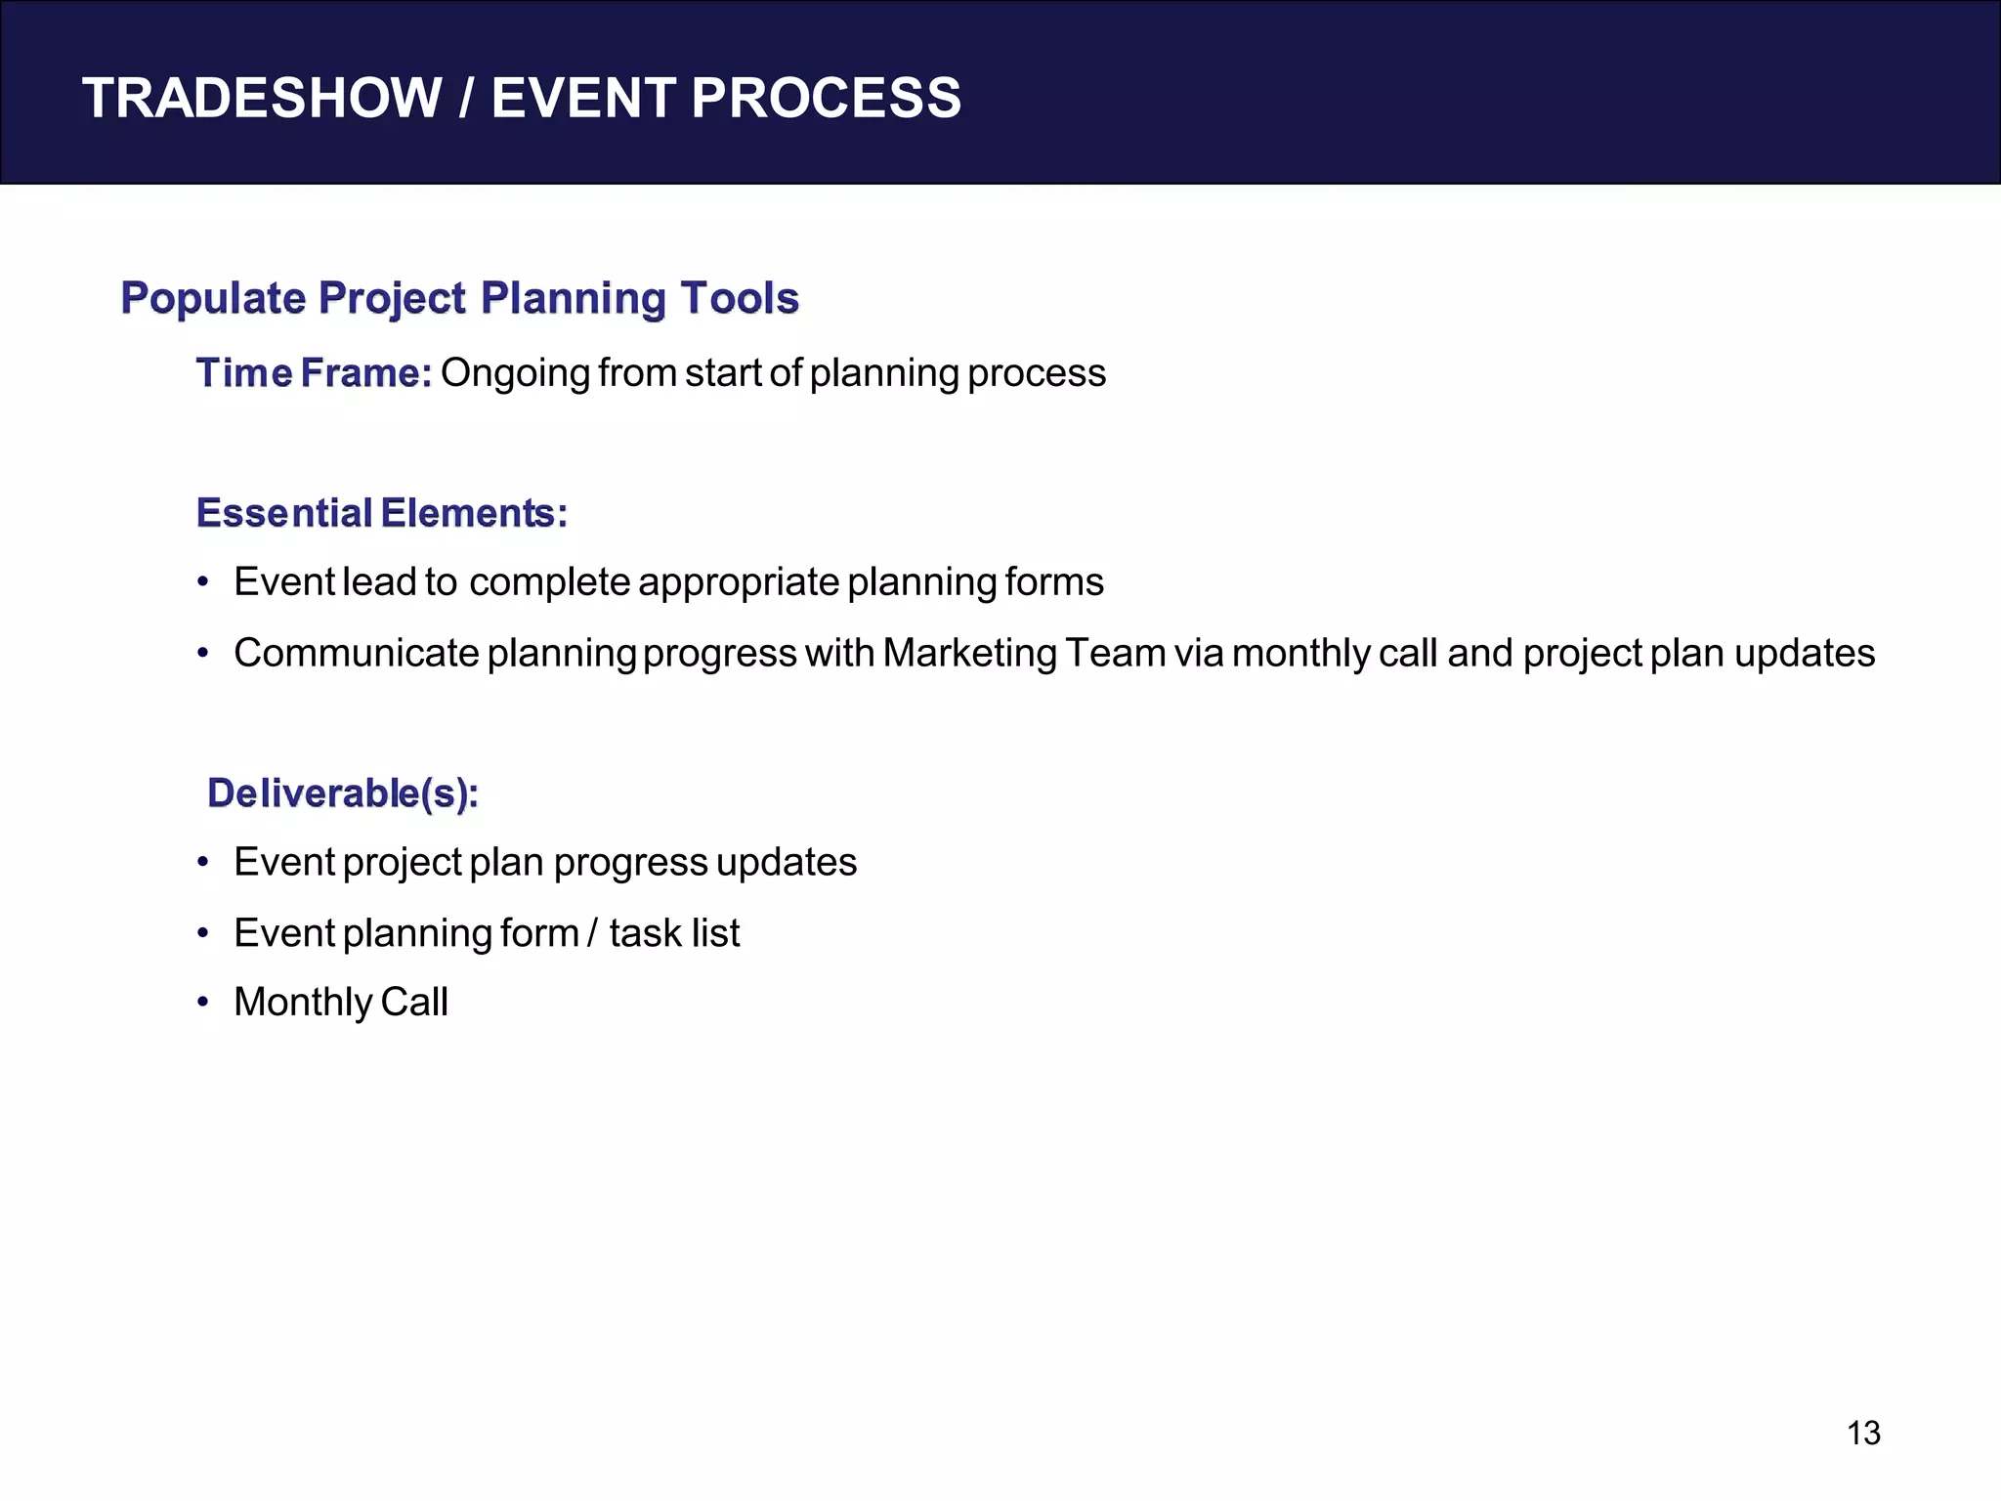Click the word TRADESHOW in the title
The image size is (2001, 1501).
click(262, 98)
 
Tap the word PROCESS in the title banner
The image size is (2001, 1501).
click(826, 98)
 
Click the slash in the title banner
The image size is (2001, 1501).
click(467, 98)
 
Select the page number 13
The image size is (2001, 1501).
click(1863, 1433)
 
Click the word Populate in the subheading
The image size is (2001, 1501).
click(213, 298)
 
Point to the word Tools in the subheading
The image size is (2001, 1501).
click(740, 298)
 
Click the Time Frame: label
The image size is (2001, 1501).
click(314, 373)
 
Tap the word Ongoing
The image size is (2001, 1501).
click(515, 373)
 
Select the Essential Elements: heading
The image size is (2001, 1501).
click(381, 513)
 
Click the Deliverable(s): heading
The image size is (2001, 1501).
click(343, 793)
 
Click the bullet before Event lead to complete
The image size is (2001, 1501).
click(203, 582)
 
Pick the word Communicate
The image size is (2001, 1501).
click(356, 653)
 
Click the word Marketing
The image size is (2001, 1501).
click(969, 653)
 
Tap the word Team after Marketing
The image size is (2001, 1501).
click(1115, 653)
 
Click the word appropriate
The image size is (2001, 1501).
click(738, 582)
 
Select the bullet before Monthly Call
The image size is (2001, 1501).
click(203, 1003)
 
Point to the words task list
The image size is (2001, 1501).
click(674, 933)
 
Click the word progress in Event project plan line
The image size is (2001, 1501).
click(630, 863)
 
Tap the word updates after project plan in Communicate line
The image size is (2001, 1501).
click(1805, 653)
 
